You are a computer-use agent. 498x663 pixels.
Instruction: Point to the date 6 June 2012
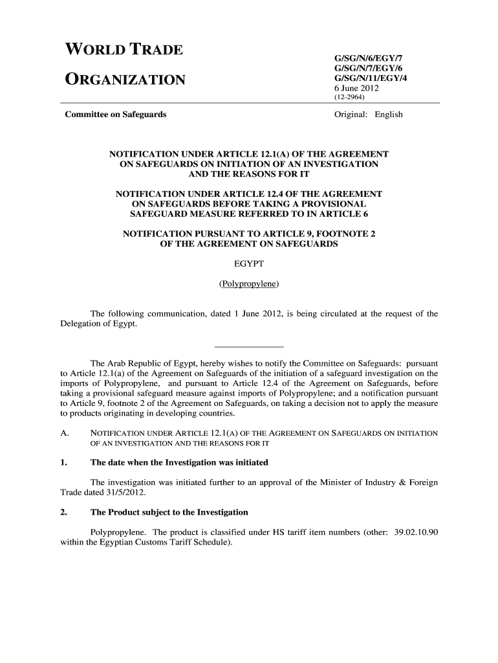pos(356,88)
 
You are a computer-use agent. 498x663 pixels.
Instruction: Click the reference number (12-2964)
pos(350,98)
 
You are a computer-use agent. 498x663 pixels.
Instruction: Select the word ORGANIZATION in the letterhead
pos(125,80)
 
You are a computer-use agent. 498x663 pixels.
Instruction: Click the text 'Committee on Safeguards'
pos(115,115)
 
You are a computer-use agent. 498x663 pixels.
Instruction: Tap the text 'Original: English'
pos(368,115)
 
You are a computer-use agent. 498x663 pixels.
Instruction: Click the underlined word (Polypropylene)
pos(249,284)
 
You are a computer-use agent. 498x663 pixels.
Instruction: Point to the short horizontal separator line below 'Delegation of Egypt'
pos(249,346)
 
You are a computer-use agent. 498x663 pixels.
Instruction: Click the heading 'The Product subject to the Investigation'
pos(169,512)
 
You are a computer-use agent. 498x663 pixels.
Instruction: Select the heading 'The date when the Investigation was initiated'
pos(179,463)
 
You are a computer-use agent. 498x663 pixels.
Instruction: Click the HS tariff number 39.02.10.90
pos(417,532)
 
